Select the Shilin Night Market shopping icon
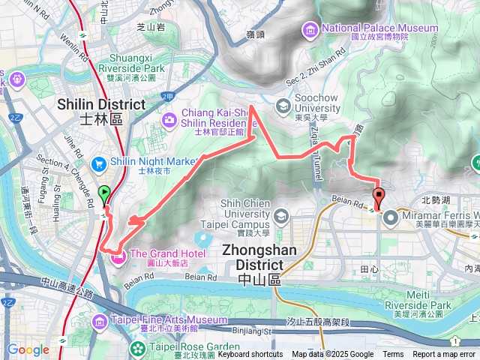[98, 163]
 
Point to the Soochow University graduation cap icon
[283, 105]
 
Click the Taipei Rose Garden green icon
[137, 348]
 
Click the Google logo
[28, 349]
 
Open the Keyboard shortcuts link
[250, 355]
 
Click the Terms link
[393, 355]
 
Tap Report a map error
[444, 355]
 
